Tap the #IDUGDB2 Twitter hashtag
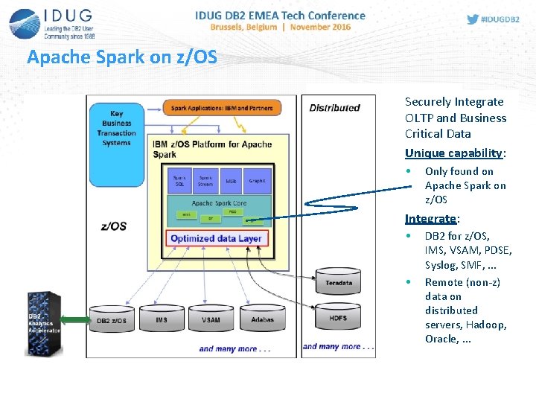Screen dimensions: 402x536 click(x=494, y=19)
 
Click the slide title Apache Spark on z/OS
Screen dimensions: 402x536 click(x=122, y=57)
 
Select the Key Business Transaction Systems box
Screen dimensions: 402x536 click(x=116, y=129)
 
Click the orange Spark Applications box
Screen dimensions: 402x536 click(x=221, y=108)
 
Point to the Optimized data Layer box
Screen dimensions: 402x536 click(x=217, y=239)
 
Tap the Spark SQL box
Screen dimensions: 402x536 click(x=179, y=181)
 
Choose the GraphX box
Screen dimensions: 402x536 click(x=257, y=181)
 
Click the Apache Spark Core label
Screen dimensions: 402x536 click(x=219, y=202)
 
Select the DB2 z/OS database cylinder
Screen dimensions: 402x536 click(x=112, y=319)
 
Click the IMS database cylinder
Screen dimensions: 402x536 click(x=162, y=319)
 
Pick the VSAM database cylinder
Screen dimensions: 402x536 click(x=211, y=319)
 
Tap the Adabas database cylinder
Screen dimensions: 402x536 click(x=262, y=319)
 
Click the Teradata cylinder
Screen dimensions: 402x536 click(x=339, y=281)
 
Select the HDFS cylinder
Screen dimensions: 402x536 click(x=339, y=317)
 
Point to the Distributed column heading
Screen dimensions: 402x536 click(x=334, y=108)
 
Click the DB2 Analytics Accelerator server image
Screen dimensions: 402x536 click(x=43, y=322)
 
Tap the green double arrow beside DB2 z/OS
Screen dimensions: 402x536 click(x=74, y=320)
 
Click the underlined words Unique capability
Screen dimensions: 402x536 click(x=454, y=153)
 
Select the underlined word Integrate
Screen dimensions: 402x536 click(x=430, y=219)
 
